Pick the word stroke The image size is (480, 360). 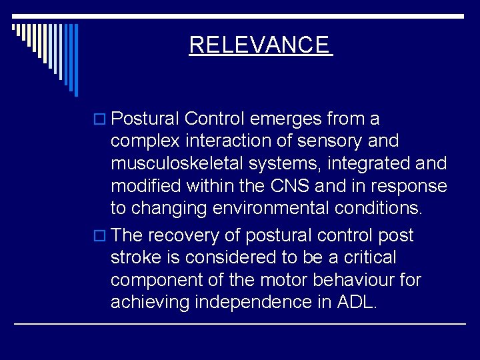137,257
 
